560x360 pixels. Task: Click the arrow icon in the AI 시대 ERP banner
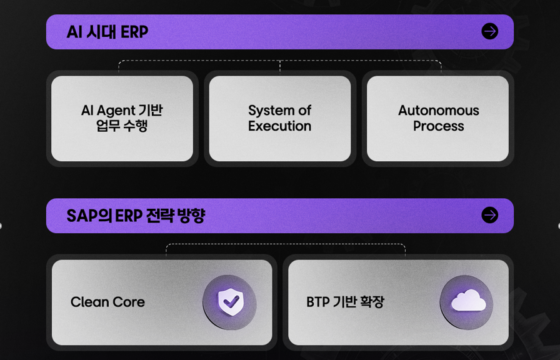(x=489, y=31)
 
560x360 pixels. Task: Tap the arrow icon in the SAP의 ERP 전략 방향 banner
(x=489, y=216)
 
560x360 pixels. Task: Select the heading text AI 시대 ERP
(x=107, y=32)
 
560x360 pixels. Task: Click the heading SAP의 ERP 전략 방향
(x=136, y=216)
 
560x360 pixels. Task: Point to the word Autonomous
(x=439, y=111)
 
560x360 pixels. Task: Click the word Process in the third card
(x=439, y=126)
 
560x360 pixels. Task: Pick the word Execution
(x=279, y=126)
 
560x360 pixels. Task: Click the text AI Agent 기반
(x=122, y=111)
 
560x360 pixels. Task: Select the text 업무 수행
(x=122, y=126)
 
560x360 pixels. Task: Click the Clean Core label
(x=107, y=302)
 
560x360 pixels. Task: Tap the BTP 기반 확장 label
(x=345, y=302)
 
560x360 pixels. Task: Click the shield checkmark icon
(x=231, y=302)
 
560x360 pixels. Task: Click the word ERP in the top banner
(x=134, y=32)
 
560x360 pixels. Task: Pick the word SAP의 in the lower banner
(x=89, y=216)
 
